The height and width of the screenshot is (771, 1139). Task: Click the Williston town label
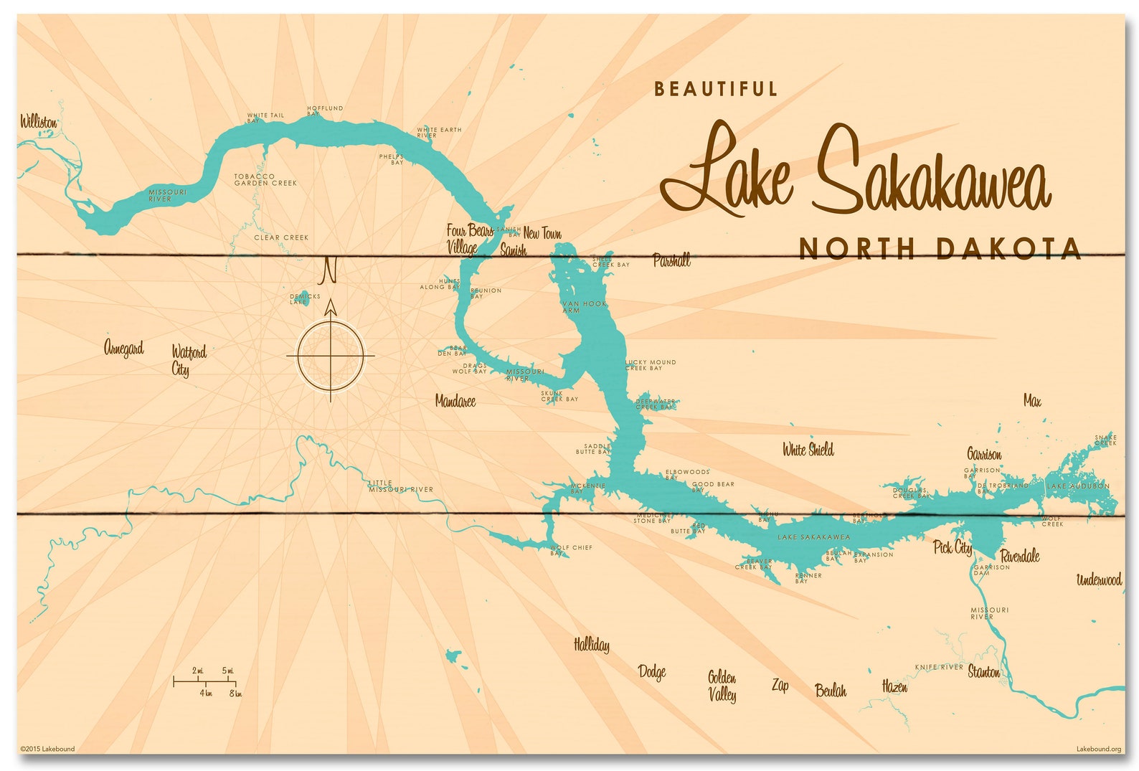[x=38, y=122]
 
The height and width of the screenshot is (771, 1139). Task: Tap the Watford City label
[x=188, y=361]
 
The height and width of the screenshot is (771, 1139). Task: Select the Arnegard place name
[x=124, y=349]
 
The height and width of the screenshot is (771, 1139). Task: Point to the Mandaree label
[x=455, y=402]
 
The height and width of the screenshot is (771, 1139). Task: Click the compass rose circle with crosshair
[x=331, y=356]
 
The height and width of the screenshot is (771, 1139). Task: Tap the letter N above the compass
[x=329, y=270]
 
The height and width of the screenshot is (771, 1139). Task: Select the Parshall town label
[x=671, y=260]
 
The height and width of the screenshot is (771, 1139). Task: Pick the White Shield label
[x=808, y=450]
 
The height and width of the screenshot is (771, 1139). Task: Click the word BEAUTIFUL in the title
[x=716, y=89]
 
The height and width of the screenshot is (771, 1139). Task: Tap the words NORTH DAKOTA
[x=940, y=249]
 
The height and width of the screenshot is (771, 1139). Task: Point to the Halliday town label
[x=592, y=645]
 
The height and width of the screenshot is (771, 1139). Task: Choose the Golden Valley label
[x=722, y=686]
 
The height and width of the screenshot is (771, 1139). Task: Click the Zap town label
[x=780, y=686]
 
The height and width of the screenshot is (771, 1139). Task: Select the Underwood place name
[x=1099, y=580]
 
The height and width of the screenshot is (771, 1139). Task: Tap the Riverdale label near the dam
[x=1020, y=556]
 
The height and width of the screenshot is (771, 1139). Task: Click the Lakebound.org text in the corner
[x=1098, y=749]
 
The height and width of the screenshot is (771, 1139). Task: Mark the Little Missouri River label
[x=401, y=486]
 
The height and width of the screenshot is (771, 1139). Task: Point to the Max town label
[x=1032, y=401]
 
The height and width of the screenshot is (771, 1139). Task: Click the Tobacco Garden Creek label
[x=265, y=179]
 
